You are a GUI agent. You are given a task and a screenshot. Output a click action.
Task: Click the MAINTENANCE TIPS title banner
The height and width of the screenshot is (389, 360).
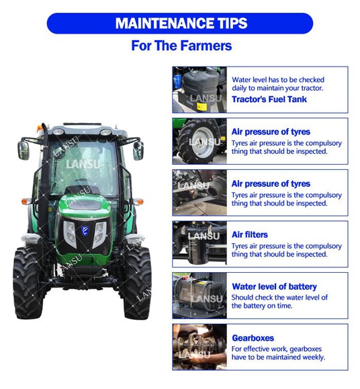pyautogui.click(x=180, y=23)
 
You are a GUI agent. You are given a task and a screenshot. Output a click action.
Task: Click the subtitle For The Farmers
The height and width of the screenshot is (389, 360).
pyautogui.click(x=181, y=46)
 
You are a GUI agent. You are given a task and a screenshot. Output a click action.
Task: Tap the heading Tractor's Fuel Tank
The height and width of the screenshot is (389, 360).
pyautogui.click(x=269, y=99)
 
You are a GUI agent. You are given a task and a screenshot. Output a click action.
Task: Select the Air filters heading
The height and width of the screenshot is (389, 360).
pyautogui.click(x=250, y=234)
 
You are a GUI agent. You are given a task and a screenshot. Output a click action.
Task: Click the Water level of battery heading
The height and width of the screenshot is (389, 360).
pyautogui.click(x=275, y=286)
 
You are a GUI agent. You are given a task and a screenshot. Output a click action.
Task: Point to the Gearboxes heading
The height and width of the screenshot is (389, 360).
pyautogui.click(x=253, y=338)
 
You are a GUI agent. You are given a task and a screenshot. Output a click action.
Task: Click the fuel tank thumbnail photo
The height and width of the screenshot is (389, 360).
pyautogui.click(x=199, y=89)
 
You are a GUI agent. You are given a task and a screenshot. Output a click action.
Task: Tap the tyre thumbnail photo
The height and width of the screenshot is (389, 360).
pyautogui.click(x=199, y=141)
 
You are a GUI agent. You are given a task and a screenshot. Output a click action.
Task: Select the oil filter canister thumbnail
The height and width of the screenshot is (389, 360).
pyautogui.click(x=199, y=244)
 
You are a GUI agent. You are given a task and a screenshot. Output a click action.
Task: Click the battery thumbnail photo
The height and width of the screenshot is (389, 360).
pyautogui.click(x=199, y=296)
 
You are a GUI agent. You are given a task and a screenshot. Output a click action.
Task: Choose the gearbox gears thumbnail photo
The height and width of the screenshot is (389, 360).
pyautogui.click(x=199, y=347)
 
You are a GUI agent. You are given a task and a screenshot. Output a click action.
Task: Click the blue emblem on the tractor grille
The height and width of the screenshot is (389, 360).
pyautogui.click(x=85, y=231)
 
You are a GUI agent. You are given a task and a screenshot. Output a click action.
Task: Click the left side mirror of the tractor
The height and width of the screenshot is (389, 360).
pyautogui.click(x=24, y=150)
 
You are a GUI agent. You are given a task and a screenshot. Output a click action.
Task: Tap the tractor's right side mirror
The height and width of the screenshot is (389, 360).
pyautogui.click(x=138, y=150)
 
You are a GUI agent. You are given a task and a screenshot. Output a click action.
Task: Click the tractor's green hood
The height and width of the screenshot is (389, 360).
pyautogui.click(x=85, y=205)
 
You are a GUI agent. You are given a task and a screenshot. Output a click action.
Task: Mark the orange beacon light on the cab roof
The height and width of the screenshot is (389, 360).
pyautogui.click(x=40, y=128)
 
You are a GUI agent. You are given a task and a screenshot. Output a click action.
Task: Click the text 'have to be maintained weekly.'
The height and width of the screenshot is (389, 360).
pyautogui.click(x=278, y=357)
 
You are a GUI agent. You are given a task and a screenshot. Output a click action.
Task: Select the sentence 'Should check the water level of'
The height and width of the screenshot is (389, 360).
pyautogui.click(x=279, y=297)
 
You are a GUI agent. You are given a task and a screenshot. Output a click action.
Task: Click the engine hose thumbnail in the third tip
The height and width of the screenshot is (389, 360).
pyautogui.click(x=199, y=193)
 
